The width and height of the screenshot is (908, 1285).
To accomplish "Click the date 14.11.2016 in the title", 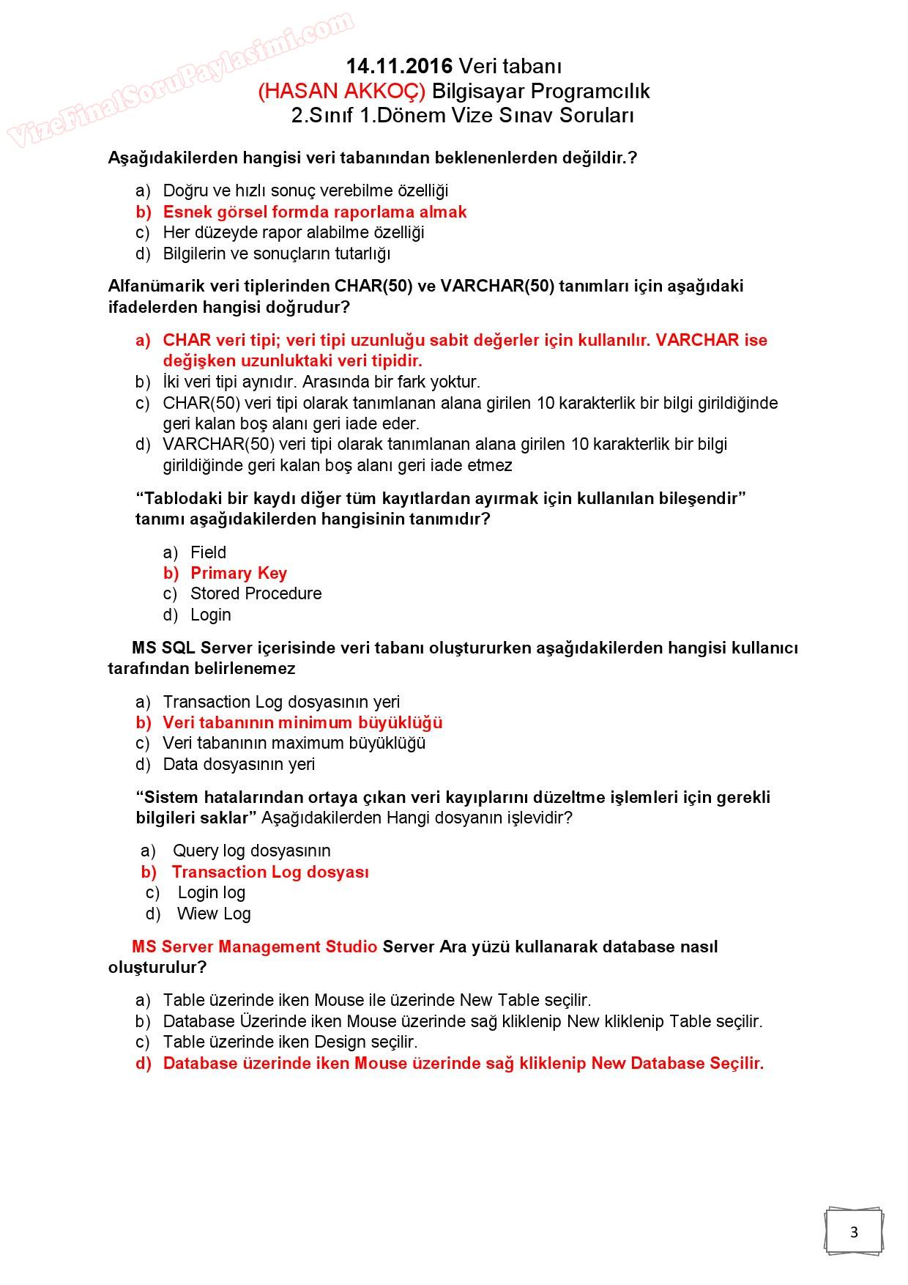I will [x=399, y=67].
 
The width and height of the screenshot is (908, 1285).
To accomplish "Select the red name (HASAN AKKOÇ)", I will [x=341, y=92].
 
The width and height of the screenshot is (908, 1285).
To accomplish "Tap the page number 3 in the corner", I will [x=854, y=1232].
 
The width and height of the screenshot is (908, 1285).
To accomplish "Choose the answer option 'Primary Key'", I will [x=238, y=574].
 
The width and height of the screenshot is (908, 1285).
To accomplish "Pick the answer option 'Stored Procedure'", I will [x=256, y=594].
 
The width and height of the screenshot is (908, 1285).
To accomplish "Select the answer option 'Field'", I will [x=208, y=552].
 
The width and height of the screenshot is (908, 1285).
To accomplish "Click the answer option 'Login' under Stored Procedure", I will [x=210, y=615].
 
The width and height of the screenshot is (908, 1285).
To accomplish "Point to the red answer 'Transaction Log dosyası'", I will [x=270, y=873].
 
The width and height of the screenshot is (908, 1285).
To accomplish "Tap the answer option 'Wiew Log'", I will [x=213, y=914].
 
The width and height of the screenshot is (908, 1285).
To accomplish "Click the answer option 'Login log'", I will [x=211, y=893].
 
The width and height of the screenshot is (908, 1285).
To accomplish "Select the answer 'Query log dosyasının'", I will [x=251, y=851].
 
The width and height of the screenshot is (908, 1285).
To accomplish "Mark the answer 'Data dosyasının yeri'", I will [x=239, y=765].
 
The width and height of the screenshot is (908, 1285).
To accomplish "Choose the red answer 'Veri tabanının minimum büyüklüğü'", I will [x=302, y=723].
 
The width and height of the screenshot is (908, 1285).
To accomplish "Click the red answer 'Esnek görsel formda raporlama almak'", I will [x=314, y=212].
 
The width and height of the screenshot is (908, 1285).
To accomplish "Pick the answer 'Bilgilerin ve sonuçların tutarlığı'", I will [x=276, y=254].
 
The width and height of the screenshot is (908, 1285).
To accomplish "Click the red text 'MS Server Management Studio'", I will [x=254, y=947].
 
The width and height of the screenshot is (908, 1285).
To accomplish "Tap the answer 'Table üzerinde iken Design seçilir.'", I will [x=290, y=1043].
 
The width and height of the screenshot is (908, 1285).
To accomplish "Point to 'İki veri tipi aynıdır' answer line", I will [x=321, y=382].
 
